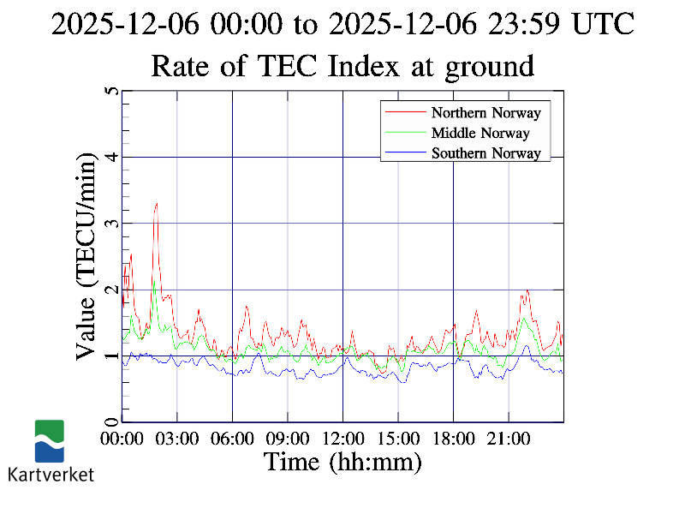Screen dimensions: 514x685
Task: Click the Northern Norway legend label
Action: pos(485,112)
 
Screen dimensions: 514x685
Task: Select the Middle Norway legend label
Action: pos(479,133)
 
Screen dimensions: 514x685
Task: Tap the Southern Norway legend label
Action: pos(485,153)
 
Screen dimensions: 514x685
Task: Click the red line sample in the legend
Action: pos(405,112)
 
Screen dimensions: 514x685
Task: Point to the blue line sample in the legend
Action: pos(405,153)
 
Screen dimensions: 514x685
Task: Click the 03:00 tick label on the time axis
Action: pos(177,439)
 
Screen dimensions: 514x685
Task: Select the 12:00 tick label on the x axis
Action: pos(342,439)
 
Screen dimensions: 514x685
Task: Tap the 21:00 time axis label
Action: pos(509,439)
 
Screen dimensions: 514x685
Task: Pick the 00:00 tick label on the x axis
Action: pos(122,439)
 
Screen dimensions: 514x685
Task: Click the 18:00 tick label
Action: pos(453,439)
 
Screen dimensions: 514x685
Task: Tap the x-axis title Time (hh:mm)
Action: pos(342,463)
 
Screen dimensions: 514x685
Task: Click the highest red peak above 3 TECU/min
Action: pos(156,204)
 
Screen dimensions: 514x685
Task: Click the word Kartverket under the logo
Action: pos(51,474)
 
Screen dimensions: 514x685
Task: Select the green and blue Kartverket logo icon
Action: pos(50,441)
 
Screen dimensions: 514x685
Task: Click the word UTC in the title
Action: pos(604,24)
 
